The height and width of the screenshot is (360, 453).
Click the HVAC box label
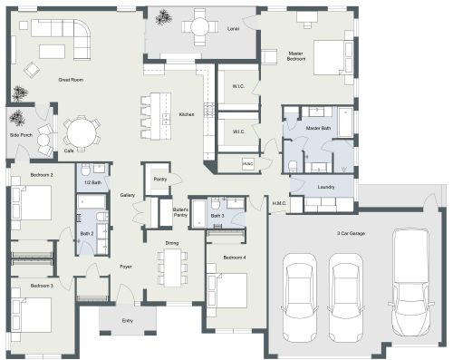point(247,163)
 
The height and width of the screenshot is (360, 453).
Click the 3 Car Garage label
point(351,233)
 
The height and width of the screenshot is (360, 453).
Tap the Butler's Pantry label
point(179,213)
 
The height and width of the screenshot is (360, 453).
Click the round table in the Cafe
point(82,133)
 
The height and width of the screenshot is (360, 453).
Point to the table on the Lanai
point(198,27)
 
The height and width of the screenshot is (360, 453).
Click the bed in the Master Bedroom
point(332,56)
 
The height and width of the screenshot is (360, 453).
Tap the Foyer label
point(126,267)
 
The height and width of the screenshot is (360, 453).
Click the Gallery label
point(128,195)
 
